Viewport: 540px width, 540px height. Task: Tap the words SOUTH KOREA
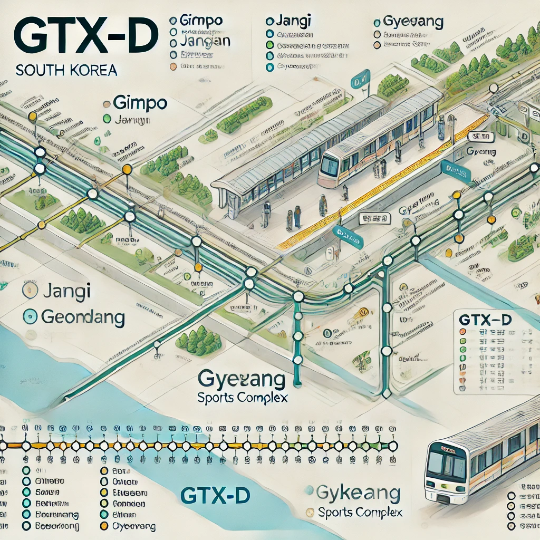click(66, 70)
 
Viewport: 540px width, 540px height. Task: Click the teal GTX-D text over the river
click(214, 495)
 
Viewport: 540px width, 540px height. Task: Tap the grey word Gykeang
click(358, 494)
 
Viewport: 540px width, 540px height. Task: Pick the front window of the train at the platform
click(330, 167)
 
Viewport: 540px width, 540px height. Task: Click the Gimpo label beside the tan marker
click(136, 103)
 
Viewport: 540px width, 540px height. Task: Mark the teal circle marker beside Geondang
click(31, 317)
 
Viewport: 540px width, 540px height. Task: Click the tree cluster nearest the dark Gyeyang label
click(198, 340)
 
